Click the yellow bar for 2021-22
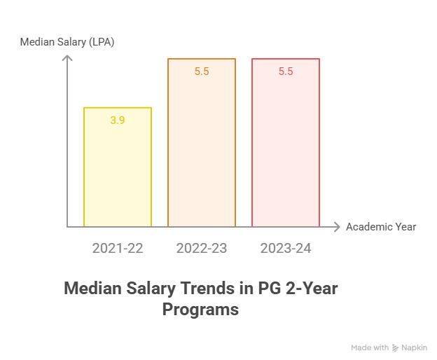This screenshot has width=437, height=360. click(x=118, y=168)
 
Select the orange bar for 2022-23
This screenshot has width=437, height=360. click(x=202, y=144)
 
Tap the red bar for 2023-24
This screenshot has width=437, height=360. click(x=286, y=144)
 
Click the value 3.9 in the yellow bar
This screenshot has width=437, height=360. click(x=118, y=120)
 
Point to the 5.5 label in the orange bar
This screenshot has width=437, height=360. click(x=202, y=71)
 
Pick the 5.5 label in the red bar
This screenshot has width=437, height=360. click(x=286, y=71)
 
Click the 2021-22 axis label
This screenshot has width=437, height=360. click(x=118, y=249)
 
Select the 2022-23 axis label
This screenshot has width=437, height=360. click(x=202, y=249)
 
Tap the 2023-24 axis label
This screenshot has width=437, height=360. click(x=286, y=249)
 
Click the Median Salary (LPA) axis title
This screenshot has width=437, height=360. click(x=67, y=42)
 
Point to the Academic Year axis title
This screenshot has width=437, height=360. click(x=381, y=227)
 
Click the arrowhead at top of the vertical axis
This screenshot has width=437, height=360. click(x=67, y=57)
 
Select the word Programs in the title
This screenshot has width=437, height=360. click(x=200, y=309)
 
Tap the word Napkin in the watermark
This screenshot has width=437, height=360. click(x=415, y=347)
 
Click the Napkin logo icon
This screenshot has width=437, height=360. click(x=396, y=347)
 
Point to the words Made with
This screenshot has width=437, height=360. click(x=370, y=347)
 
